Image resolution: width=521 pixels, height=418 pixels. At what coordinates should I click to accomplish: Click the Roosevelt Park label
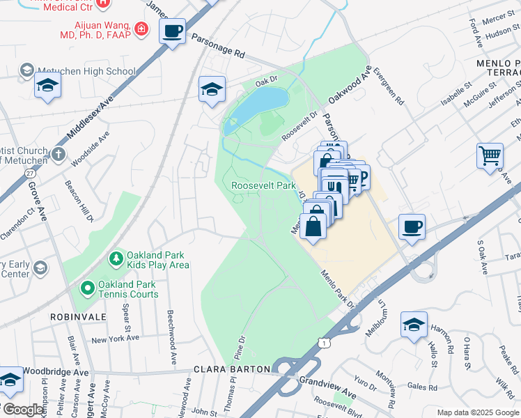tap(264, 186)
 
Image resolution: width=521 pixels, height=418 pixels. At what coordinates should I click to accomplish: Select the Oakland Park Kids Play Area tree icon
tap(116, 258)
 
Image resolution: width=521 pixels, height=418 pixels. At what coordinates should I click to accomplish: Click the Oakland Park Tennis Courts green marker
tap(87, 287)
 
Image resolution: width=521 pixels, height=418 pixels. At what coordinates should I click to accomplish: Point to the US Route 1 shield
tap(322, 343)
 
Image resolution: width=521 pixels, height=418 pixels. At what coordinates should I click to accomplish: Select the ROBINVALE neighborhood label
tap(78, 316)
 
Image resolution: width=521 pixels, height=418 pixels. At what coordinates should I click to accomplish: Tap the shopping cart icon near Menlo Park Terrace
tap(490, 155)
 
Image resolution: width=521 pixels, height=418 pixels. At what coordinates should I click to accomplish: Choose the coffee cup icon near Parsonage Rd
tap(172, 31)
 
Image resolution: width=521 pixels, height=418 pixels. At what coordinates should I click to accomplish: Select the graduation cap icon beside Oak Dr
tap(212, 89)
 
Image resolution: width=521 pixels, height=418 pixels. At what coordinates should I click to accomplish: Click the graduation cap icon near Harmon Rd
tap(414, 325)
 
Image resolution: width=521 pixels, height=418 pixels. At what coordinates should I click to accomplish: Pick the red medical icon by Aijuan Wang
tap(141, 29)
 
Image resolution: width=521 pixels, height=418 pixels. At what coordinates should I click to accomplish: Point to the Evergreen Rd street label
tap(388, 86)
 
